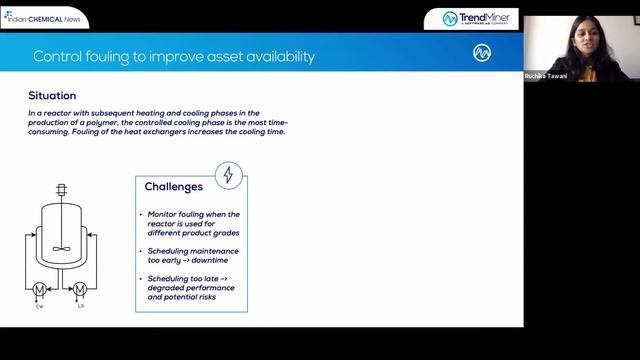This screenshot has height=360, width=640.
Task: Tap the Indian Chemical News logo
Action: click(44, 17)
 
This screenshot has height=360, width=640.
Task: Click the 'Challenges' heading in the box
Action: click(174, 186)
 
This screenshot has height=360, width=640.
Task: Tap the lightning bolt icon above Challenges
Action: click(228, 175)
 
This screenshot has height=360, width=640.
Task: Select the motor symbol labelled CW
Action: click(40, 290)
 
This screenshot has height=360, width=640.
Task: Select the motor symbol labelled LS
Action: click(79, 290)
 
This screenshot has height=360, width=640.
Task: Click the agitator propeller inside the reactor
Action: click(60, 250)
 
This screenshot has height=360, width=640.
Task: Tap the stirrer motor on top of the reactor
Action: click(60, 188)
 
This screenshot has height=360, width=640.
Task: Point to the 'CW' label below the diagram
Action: click(40, 307)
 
